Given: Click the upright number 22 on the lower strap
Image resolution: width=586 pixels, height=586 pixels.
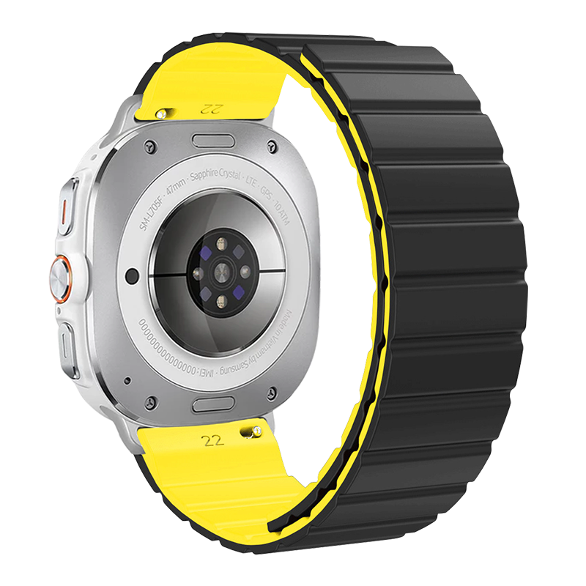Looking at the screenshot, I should tap(213, 440).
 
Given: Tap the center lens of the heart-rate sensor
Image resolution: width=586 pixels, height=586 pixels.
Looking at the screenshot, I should tap(219, 273).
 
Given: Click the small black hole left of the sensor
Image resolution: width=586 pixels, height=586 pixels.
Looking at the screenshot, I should tap(132, 275).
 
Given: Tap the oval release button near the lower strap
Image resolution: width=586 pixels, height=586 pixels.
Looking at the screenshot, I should tap(214, 405).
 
